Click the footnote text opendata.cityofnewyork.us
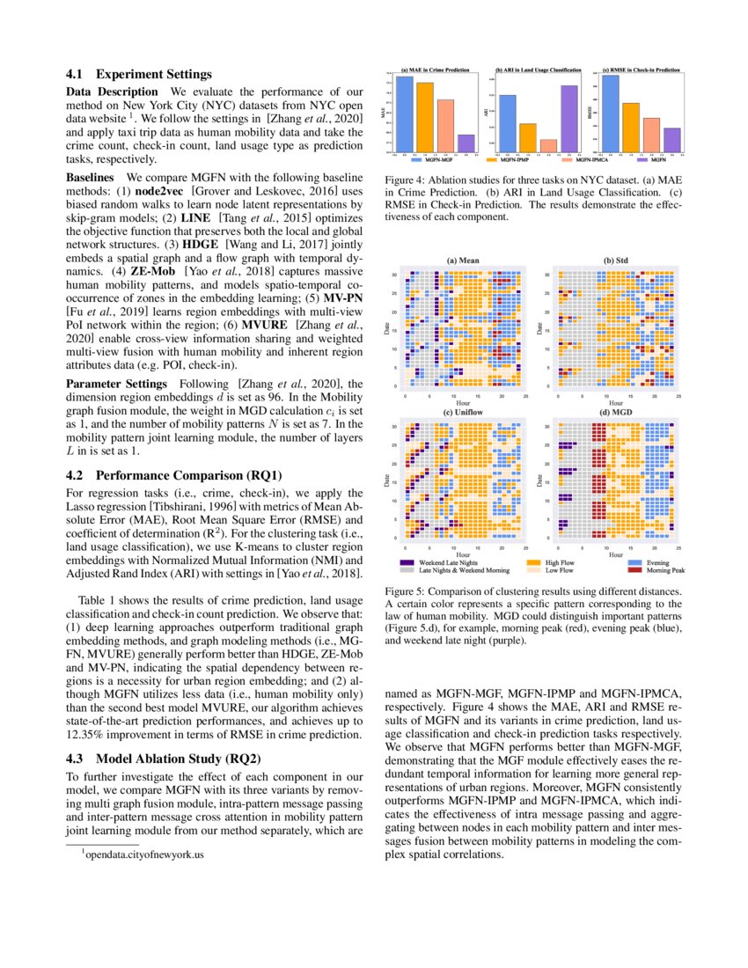tap(144, 854)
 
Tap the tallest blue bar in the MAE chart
tap(404, 114)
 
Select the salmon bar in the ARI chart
tap(548, 145)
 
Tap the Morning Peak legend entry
tap(664, 570)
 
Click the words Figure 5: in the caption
tap(407, 593)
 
